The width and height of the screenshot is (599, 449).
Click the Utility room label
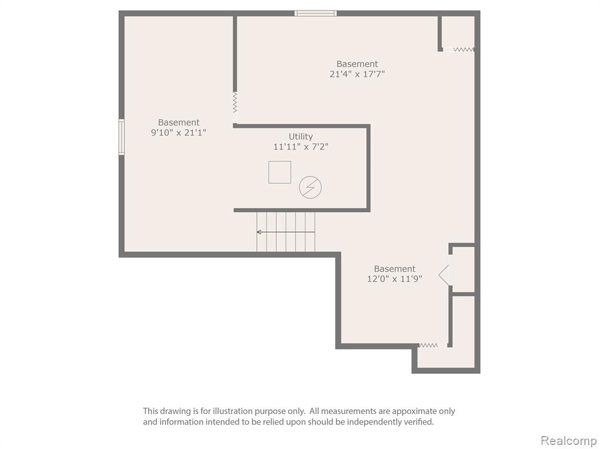[301, 137]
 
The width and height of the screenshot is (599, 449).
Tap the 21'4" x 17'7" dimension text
[357, 74]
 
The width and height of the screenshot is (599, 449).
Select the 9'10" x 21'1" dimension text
[179, 133]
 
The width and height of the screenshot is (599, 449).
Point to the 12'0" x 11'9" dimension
[395, 279]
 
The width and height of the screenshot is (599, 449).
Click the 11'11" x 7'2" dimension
[301, 147]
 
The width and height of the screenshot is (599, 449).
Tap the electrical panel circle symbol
[310, 187]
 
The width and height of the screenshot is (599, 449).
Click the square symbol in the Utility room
[280, 172]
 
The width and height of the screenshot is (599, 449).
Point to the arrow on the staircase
[285, 232]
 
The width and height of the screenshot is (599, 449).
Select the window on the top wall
[315, 13]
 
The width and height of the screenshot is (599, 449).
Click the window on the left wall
[122, 137]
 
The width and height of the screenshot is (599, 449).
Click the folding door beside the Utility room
[235, 102]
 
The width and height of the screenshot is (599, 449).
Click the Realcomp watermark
[569, 441]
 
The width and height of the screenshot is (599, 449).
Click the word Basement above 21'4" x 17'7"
[357, 64]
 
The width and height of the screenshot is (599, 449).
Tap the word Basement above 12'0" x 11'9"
[395, 268]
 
